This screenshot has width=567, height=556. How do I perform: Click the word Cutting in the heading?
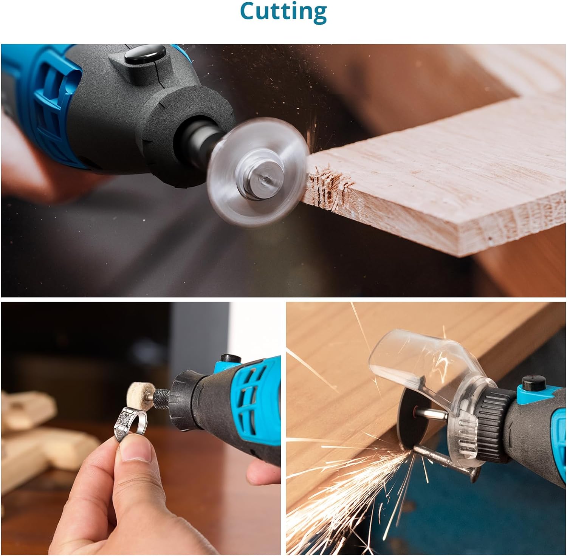click(x=283, y=12)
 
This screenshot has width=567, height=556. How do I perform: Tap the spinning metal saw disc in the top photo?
click(x=257, y=172)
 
